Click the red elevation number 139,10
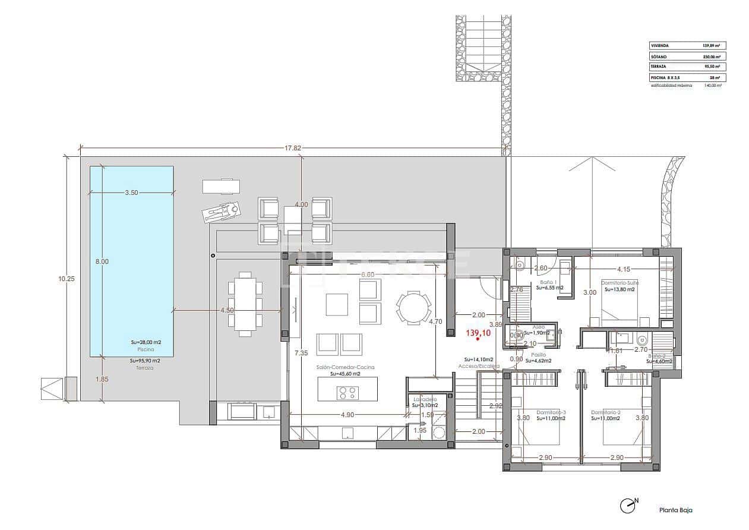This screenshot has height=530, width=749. click(478, 334)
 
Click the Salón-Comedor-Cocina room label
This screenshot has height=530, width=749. click(345, 368)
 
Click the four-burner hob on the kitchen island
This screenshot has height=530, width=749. click(347, 392)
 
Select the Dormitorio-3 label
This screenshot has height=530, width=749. click(551, 412)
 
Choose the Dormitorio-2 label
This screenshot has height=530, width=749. click(605, 412)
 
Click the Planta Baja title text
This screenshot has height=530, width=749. click(675, 510)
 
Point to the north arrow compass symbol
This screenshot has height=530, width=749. click(628, 506)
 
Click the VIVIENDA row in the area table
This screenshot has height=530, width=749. click(687, 45)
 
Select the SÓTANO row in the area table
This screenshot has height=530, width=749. click(687, 56)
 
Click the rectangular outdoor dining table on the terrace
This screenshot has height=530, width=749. click(244, 304)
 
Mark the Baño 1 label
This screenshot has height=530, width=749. click(547, 282)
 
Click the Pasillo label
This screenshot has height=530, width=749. click(539, 354)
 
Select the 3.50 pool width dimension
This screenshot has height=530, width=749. click(132, 193)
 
